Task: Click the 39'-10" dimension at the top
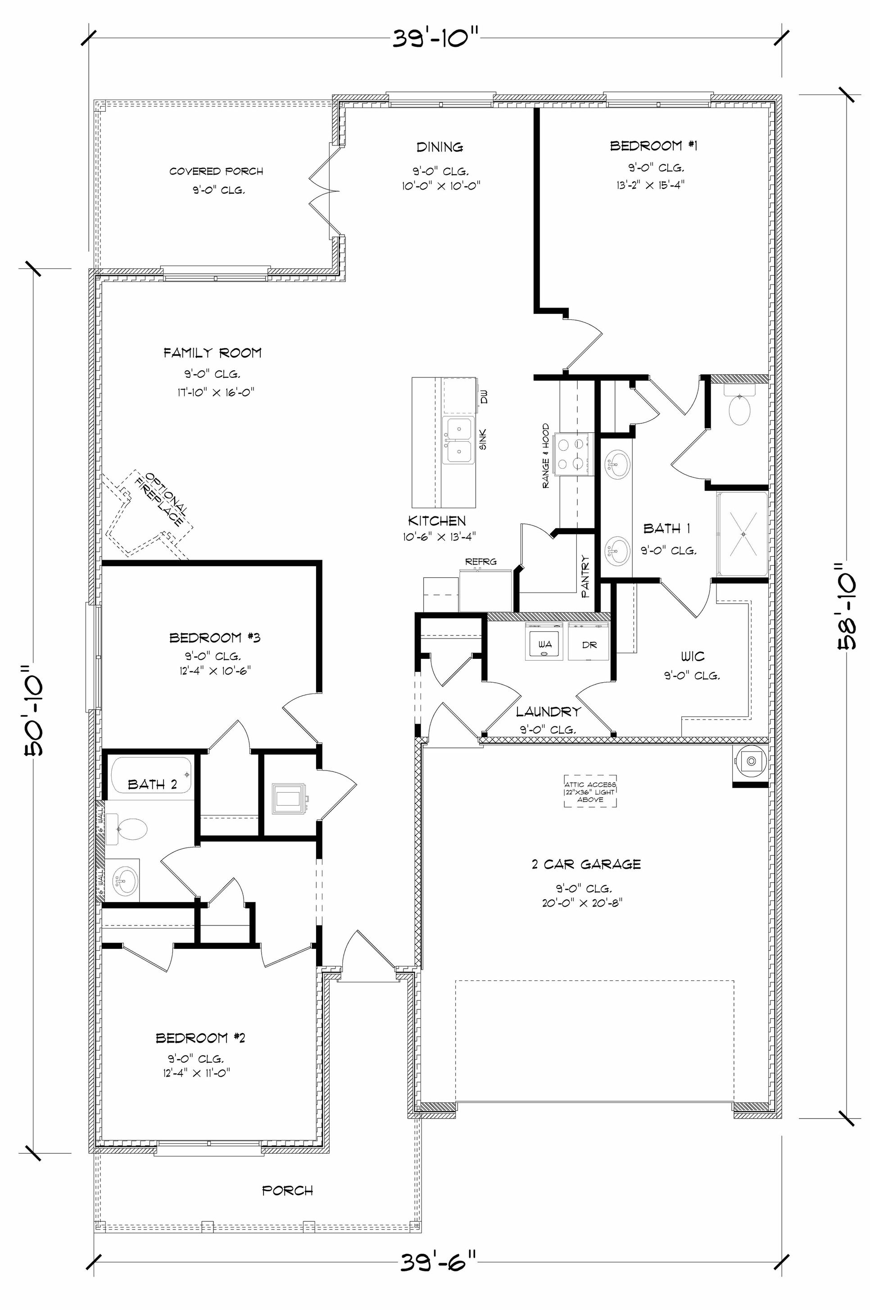435,39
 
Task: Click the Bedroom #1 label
653,146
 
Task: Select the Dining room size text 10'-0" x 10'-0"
441,186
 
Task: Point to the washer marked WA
544,643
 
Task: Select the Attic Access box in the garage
590,791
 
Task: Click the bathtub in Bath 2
151,775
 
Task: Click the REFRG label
480,562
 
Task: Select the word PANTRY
585,576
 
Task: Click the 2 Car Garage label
586,864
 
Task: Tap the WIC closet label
693,657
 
